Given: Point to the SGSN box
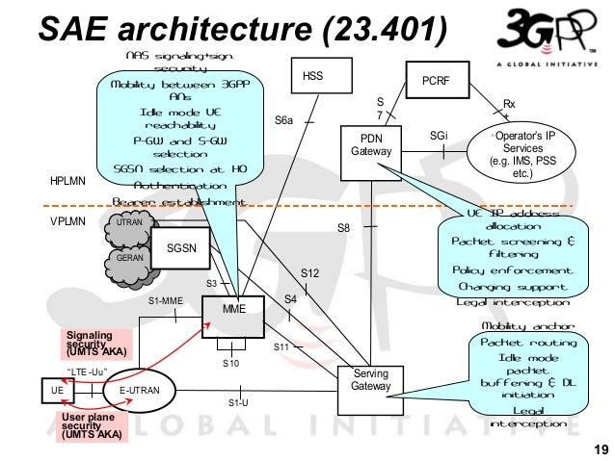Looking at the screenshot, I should [x=182, y=247].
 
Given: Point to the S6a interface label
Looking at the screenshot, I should [x=284, y=120].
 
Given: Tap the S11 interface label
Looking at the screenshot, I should [x=281, y=346].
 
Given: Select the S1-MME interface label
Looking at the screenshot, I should [x=165, y=300].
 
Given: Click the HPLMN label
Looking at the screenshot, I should [x=67, y=180].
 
